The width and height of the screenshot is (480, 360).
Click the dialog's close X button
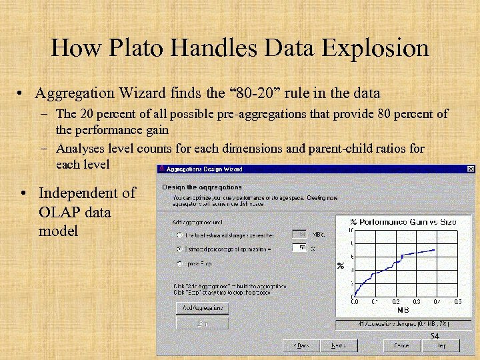pos(471,169)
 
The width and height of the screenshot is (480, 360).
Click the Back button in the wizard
pos(301,345)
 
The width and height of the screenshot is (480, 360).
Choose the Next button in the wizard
pos(339,345)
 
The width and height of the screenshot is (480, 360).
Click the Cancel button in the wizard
pos(401,345)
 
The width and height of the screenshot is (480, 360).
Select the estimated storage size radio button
pos(179,235)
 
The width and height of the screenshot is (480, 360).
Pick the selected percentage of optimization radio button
pos(179,249)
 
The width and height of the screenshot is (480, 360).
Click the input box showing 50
pos(299,248)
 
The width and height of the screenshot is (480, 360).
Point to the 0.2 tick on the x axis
pos(396,302)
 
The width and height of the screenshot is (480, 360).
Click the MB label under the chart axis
pos(403,310)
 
